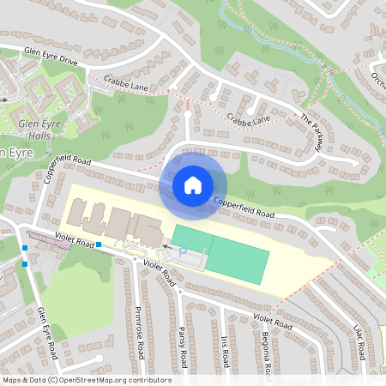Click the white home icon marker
[x=193, y=184]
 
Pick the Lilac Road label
[x=361, y=340]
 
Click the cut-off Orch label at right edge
[x=378, y=79]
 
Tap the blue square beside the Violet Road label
[x=99, y=244]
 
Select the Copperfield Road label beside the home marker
[x=244, y=208]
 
